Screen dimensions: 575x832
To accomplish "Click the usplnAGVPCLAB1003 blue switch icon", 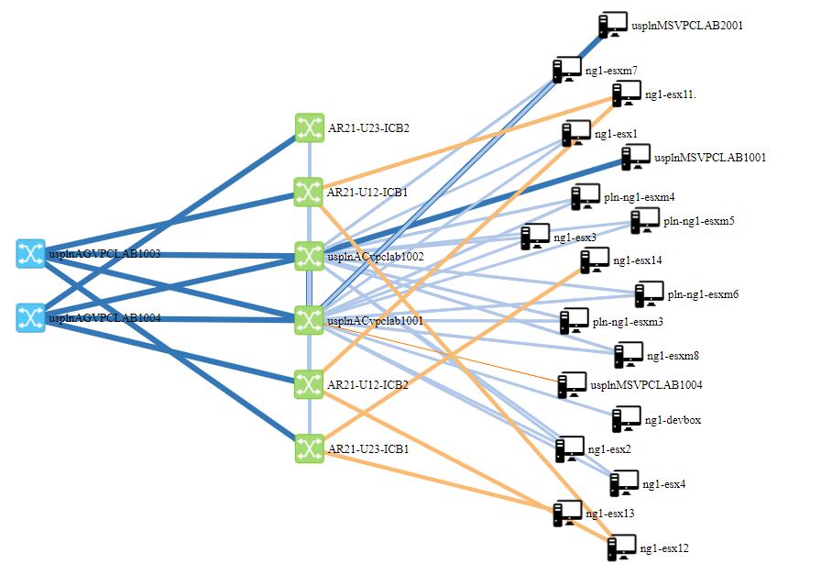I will pyautogui.click(x=30, y=253).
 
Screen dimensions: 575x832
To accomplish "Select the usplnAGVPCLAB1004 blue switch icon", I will pyautogui.click(x=30, y=318).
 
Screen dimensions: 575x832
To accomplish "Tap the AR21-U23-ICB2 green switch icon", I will pyautogui.click(x=310, y=127).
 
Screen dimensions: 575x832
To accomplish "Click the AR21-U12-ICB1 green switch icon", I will pyautogui.click(x=310, y=192).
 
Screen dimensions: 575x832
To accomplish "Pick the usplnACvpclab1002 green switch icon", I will pyautogui.click(x=310, y=256).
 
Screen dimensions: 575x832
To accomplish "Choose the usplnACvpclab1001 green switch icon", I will pyautogui.click(x=310, y=320).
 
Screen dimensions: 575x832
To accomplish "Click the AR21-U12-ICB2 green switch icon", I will pyautogui.click(x=310, y=384).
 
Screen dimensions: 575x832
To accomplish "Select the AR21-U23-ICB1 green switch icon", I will pyautogui.click(x=310, y=448).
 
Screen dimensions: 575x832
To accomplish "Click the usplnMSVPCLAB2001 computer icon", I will pyautogui.click(x=612, y=26).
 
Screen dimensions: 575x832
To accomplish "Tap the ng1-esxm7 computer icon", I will pyautogui.click(x=567, y=70).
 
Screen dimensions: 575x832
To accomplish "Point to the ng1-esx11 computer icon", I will pyautogui.click(x=627, y=94).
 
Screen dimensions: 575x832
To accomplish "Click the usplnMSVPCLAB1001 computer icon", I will pyautogui.click(x=636, y=157).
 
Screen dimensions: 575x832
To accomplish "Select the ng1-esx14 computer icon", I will pyautogui.click(x=595, y=260).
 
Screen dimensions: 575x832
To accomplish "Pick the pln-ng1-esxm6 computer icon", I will pyautogui.click(x=650, y=294).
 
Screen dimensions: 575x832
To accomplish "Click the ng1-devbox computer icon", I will pyautogui.click(x=627, y=419).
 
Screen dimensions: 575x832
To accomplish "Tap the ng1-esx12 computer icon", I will pyautogui.click(x=622, y=548).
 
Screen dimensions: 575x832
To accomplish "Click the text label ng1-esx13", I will pyautogui.click(x=609, y=514).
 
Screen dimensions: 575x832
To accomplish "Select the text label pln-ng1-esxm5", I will pyautogui.click(x=699, y=221).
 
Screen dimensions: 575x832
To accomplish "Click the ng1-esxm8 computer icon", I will pyautogui.click(x=629, y=355).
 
